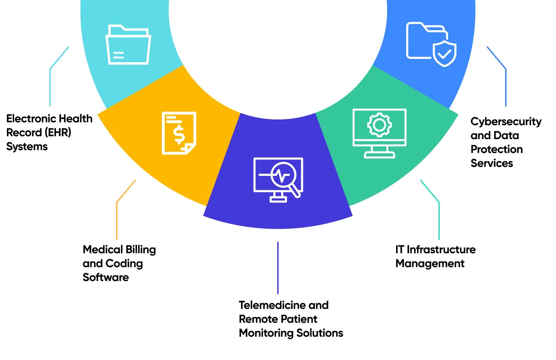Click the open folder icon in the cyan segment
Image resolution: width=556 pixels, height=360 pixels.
click(128, 45)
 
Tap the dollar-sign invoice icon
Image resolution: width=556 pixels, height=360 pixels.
click(179, 133)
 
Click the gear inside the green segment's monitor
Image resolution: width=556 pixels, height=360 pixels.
click(379, 124)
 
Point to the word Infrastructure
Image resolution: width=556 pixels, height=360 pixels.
click(447, 250)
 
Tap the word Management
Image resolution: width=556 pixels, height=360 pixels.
click(430, 263)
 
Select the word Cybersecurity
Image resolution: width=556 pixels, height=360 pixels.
click(506, 122)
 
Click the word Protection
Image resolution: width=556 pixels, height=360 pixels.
click(496, 149)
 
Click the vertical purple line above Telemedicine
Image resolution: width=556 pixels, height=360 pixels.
click(278, 268)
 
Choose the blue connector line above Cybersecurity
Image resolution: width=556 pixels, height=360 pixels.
click(505, 86)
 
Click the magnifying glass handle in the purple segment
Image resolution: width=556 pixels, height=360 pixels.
click(296, 193)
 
